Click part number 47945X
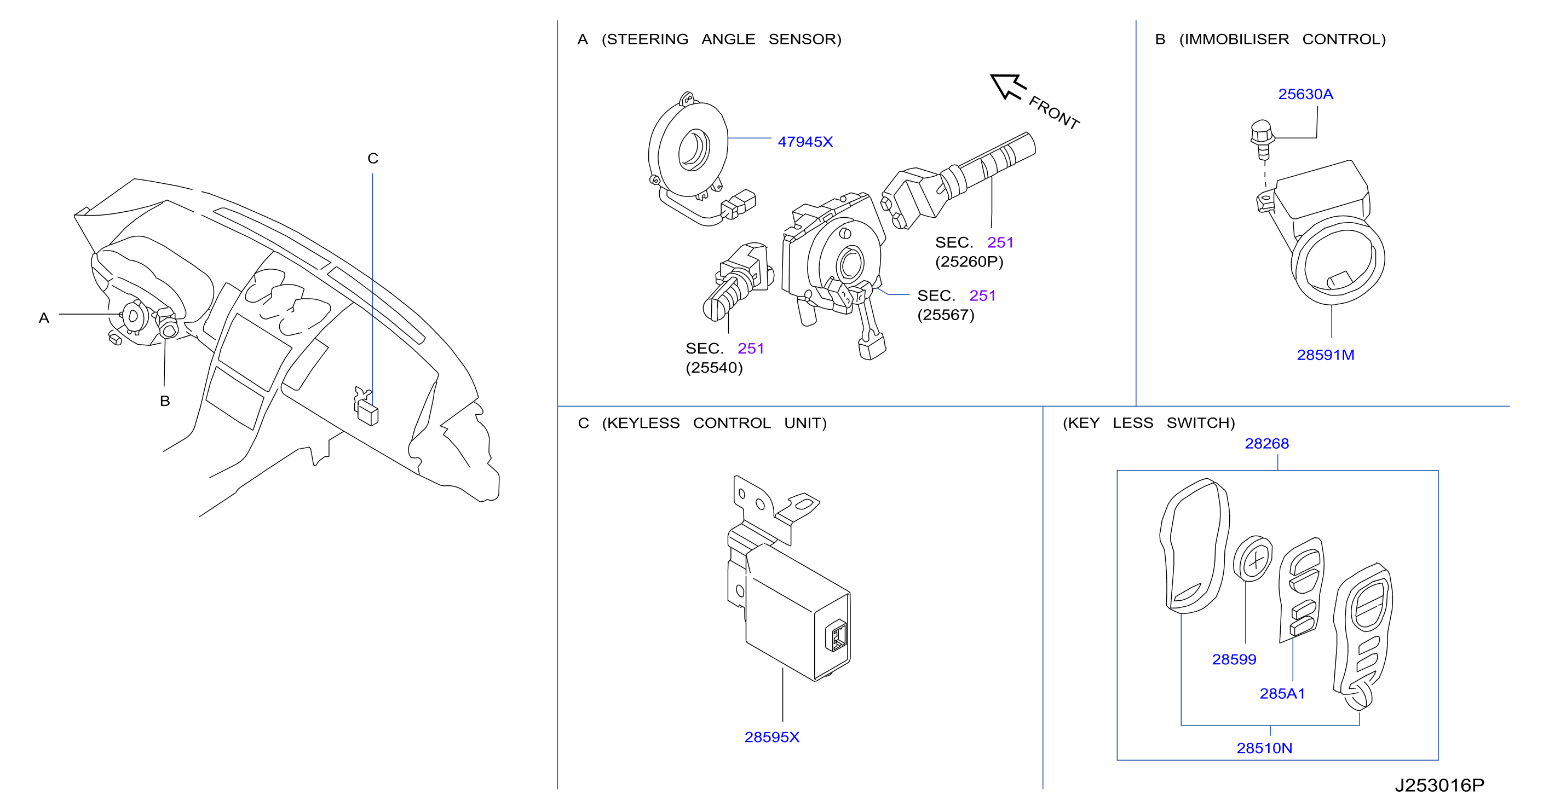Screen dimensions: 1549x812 [x=805, y=142]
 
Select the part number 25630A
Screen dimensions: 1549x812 [x=1305, y=94]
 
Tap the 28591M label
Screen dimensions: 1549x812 [x=1325, y=355]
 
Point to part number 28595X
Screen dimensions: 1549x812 [x=772, y=738]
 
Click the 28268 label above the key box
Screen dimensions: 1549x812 [x=1266, y=444]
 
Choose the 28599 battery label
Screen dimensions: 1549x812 [x=1234, y=659]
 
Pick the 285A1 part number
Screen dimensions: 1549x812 [x=1282, y=694]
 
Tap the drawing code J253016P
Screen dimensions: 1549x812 [x=1439, y=786]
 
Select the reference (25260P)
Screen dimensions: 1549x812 [x=969, y=262]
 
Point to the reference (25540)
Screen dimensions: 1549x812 [x=715, y=368]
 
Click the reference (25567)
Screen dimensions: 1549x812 [x=946, y=315]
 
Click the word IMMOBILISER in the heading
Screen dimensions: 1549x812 [x=1234, y=39]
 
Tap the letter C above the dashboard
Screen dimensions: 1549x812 [x=373, y=159]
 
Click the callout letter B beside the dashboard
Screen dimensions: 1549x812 [x=165, y=401]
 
